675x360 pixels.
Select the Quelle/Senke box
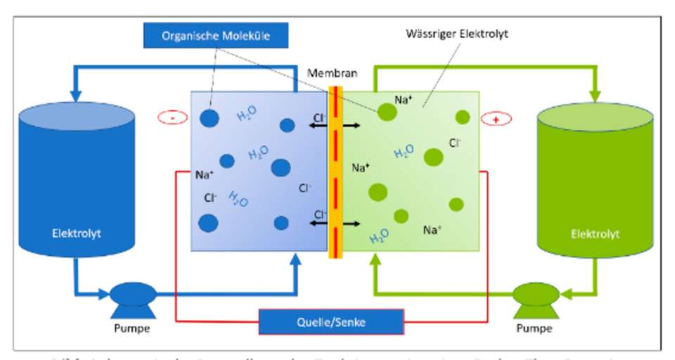click(x=331, y=321)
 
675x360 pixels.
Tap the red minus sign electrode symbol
click(x=172, y=118)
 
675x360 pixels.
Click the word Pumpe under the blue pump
click(x=133, y=328)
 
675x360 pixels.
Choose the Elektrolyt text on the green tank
click(x=595, y=233)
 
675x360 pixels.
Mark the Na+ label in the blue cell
click(x=205, y=174)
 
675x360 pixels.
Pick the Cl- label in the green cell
click(x=456, y=143)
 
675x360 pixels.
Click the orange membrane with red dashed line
click(x=335, y=172)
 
